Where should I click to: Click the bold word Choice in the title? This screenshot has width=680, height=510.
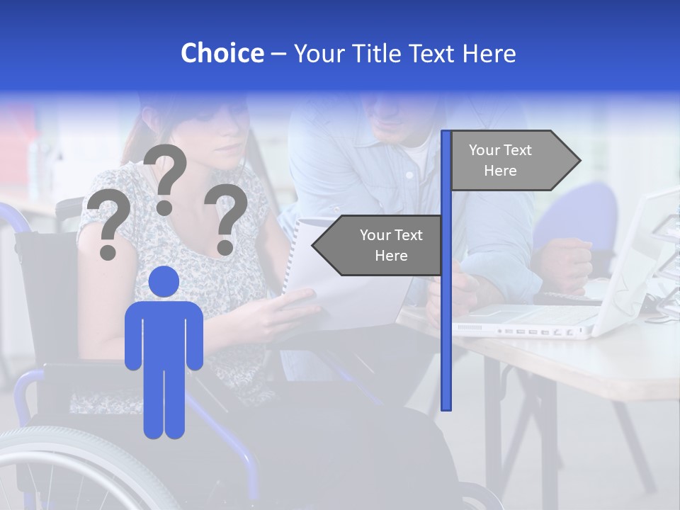pos(222,53)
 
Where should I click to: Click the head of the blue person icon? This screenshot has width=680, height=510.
pos(164,281)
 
